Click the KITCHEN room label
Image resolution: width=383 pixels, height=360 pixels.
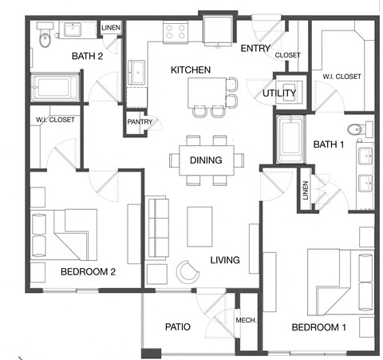[x=191, y=70]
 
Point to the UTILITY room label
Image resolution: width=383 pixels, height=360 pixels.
[x=279, y=93]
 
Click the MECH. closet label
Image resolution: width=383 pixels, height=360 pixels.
[x=246, y=320]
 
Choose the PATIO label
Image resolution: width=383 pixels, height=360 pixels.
[x=176, y=327]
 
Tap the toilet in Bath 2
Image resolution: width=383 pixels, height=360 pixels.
[x=45, y=37]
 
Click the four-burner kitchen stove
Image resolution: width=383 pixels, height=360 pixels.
[x=175, y=32]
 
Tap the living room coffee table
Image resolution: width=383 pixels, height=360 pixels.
[x=200, y=226]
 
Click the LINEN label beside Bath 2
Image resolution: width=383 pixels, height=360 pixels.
[x=110, y=29]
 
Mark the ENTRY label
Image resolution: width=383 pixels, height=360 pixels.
[x=255, y=49]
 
